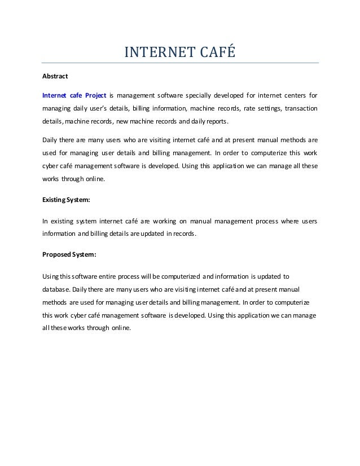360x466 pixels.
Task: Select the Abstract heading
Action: [x=56, y=76]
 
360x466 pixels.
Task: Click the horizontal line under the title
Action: [x=181, y=63]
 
